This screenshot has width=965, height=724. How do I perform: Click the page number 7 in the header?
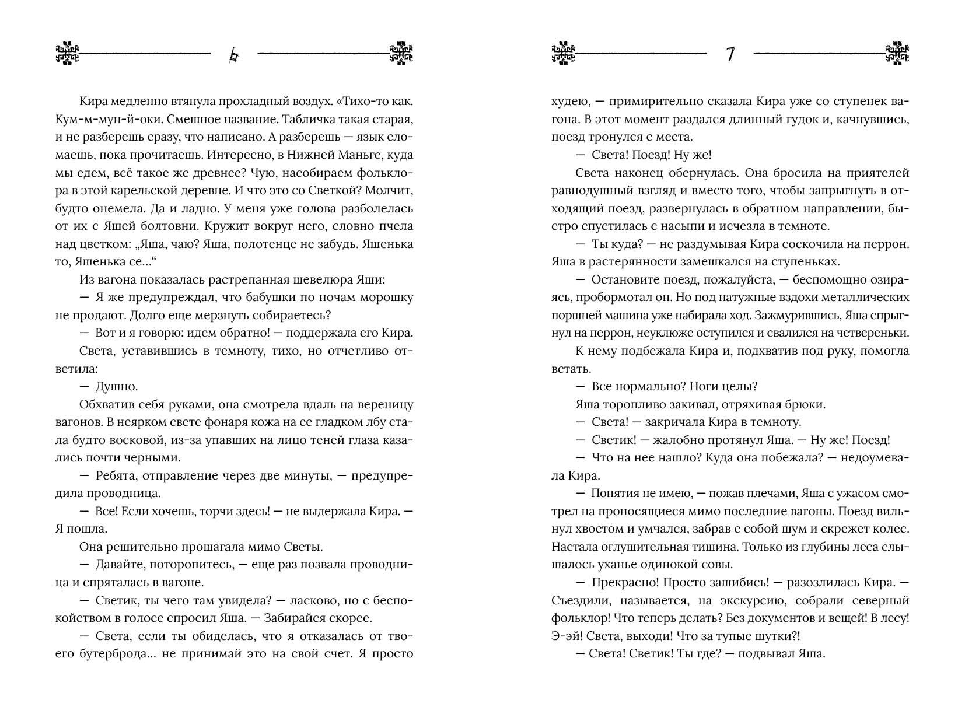[x=730, y=54]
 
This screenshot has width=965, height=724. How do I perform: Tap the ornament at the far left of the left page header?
[x=67, y=53]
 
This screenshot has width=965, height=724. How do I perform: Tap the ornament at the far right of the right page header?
[x=897, y=53]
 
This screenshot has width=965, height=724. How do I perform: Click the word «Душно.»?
[x=116, y=386]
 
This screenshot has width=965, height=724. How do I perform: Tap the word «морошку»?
[x=383, y=297]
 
